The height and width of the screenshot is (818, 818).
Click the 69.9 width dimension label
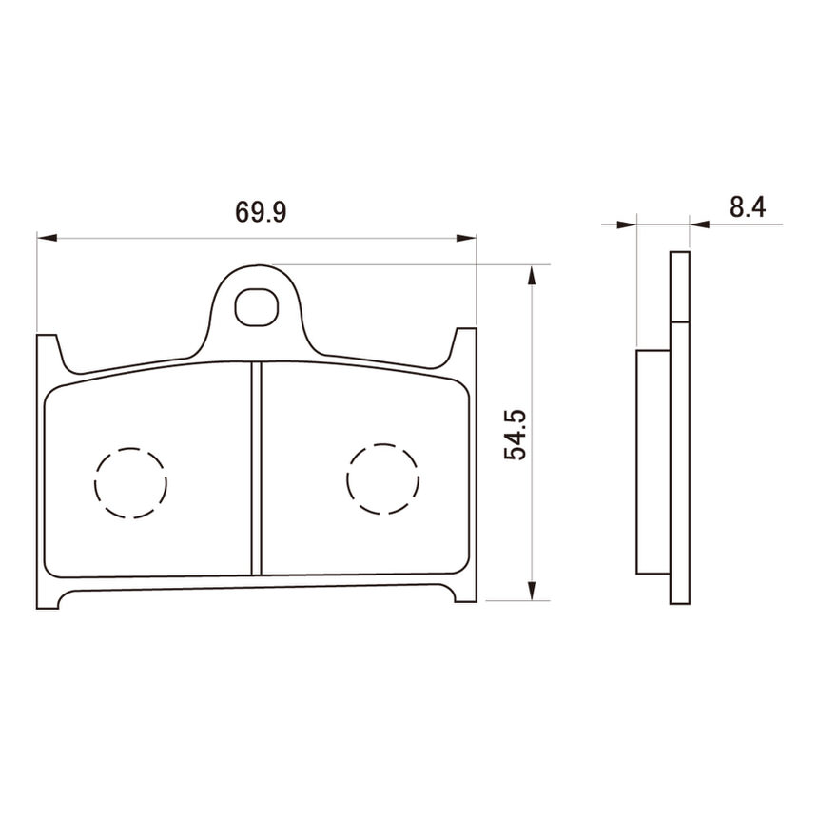[x=261, y=212]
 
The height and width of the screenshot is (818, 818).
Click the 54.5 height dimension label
[x=516, y=435]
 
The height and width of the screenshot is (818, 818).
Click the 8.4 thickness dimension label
[x=748, y=207]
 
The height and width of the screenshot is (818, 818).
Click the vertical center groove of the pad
[x=256, y=469]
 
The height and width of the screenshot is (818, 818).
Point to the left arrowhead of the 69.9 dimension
[x=47, y=238]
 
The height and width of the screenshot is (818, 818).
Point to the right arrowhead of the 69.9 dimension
[x=466, y=238]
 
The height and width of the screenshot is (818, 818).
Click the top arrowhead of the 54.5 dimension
[x=531, y=274]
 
